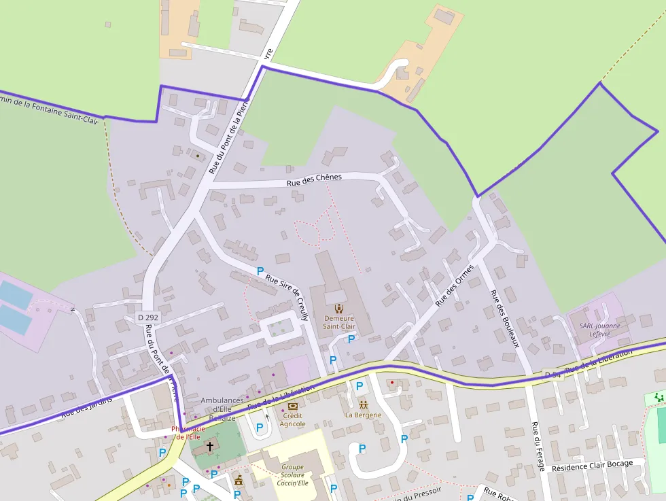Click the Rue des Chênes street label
[x=314, y=179]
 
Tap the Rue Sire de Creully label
[x=287, y=293]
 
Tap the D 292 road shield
[x=147, y=317]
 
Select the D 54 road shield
[x=552, y=375]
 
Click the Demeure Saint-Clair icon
[x=339, y=308]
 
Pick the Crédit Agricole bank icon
[x=293, y=406]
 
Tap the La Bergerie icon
[x=364, y=404]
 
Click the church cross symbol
[x=210, y=447]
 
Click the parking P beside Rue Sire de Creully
[x=260, y=271]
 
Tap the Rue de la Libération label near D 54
[x=599, y=360]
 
